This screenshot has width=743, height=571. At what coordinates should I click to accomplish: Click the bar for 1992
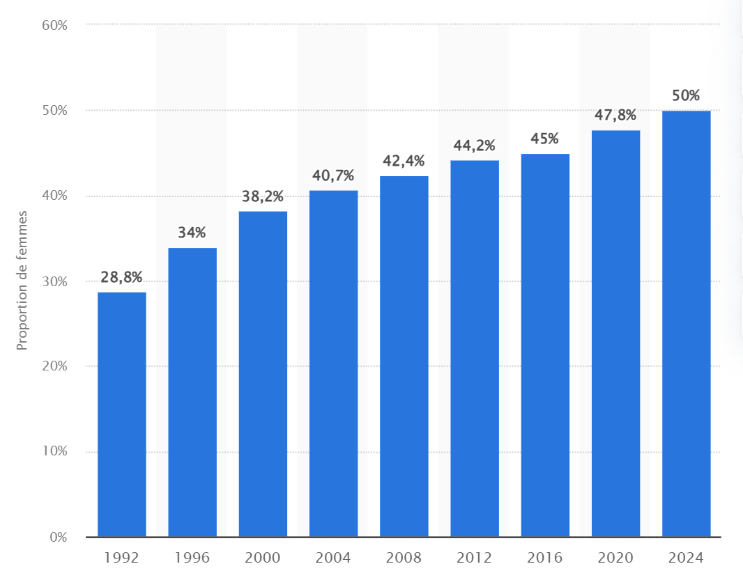pyautogui.click(x=122, y=414)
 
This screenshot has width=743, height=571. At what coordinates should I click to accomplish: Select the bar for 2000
pyautogui.click(x=263, y=374)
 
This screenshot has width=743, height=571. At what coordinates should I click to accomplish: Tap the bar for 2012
pyautogui.click(x=475, y=348)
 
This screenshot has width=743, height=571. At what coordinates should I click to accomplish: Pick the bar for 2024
pyautogui.click(x=686, y=324)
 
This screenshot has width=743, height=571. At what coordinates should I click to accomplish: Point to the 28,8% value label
pyautogui.click(x=122, y=277)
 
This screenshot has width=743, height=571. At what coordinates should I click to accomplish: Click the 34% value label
pyautogui.click(x=192, y=233)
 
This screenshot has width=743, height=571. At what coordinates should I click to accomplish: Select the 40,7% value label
pyautogui.click(x=333, y=175)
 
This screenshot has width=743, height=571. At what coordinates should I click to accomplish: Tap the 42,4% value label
pyautogui.click(x=404, y=161)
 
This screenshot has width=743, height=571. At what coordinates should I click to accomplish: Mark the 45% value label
pyautogui.click(x=545, y=139)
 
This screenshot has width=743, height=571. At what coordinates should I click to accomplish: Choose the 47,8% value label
pyautogui.click(x=615, y=115)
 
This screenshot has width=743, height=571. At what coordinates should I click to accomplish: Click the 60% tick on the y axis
pyautogui.click(x=54, y=25)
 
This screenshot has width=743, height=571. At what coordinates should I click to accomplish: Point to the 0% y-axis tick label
pyautogui.click(x=59, y=538)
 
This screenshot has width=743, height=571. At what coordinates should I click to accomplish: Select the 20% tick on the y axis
pyautogui.click(x=54, y=366)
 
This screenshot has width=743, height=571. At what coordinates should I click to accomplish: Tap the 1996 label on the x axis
pyautogui.click(x=192, y=558)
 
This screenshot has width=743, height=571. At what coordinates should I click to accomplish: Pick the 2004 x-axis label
pyautogui.click(x=333, y=558)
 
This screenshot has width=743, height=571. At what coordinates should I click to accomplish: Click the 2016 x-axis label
pyautogui.click(x=545, y=558)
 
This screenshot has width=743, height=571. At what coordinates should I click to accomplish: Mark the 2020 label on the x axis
pyautogui.click(x=615, y=558)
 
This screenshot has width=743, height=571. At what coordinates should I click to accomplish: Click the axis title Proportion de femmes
pyautogui.click(x=22, y=281)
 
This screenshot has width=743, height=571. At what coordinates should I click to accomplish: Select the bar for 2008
pyautogui.click(x=404, y=356)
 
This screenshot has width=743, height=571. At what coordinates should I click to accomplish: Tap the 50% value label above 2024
pyautogui.click(x=686, y=95)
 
